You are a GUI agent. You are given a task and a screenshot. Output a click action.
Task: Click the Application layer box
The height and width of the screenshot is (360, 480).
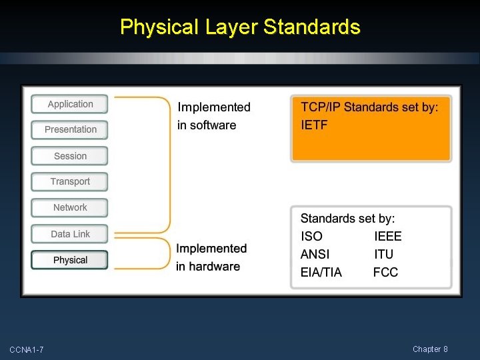pyautogui.click(x=70, y=104)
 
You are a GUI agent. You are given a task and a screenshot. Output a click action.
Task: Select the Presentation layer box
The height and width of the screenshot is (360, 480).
pyautogui.click(x=70, y=129)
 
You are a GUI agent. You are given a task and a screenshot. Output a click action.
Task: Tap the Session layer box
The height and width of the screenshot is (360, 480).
pyautogui.click(x=70, y=156)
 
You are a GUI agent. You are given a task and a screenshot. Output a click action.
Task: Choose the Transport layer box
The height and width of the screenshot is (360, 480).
pyautogui.click(x=70, y=181)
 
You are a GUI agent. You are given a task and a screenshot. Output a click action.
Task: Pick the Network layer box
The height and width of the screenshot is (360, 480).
pyautogui.click(x=70, y=207)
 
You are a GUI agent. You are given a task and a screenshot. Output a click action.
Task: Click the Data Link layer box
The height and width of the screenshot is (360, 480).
pyautogui.click(x=70, y=234)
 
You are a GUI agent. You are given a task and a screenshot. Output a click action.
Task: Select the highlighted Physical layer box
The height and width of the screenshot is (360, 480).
pyautogui.click(x=70, y=260)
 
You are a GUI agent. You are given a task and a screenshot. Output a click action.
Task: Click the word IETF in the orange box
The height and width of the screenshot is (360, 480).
pyautogui.click(x=314, y=125)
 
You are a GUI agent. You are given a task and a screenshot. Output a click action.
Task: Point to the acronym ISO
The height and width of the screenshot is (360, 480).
pyautogui.click(x=311, y=236)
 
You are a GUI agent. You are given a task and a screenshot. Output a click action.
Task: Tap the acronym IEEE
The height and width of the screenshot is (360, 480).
pyautogui.click(x=388, y=236)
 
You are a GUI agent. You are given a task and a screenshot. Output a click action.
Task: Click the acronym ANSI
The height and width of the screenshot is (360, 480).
pyautogui.click(x=315, y=254)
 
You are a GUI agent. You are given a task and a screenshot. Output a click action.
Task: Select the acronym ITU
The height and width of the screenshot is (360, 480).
pyautogui.click(x=383, y=254)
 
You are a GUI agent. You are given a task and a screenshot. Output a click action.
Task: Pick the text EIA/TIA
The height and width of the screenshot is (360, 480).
pyautogui.click(x=321, y=272)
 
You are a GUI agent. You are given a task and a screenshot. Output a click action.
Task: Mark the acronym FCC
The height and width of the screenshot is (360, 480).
pyautogui.click(x=385, y=272)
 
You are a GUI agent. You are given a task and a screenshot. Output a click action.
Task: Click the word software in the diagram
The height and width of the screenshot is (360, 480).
pyautogui.click(x=213, y=125)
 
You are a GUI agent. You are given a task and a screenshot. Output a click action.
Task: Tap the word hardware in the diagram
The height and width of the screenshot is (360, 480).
pyautogui.click(x=214, y=267)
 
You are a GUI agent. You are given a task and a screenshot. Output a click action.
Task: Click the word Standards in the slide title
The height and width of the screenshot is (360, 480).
pyautogui.click(x=312, y=27)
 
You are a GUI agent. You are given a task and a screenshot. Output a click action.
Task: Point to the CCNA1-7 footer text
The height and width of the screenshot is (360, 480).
pyautogui.click(x=27, y=350)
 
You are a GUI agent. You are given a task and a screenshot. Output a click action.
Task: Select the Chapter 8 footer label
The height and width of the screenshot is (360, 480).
pyautogui.click(x=430, y=349)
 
